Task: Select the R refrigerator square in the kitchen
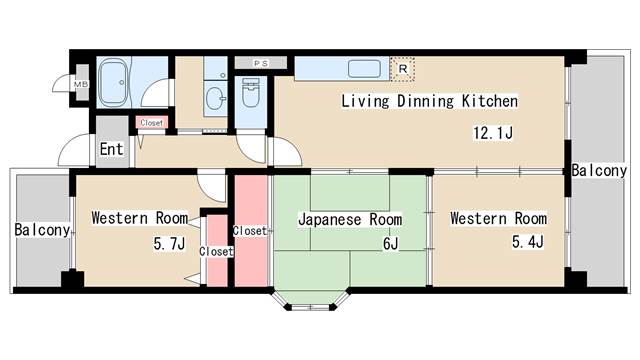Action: [402, 68]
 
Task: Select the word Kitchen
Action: [489, 101]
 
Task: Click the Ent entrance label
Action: [111, 150]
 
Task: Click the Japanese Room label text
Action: [350, 219]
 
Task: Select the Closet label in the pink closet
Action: [249, 230]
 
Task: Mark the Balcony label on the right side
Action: [599, 171]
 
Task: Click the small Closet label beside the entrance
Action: [152, 123]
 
